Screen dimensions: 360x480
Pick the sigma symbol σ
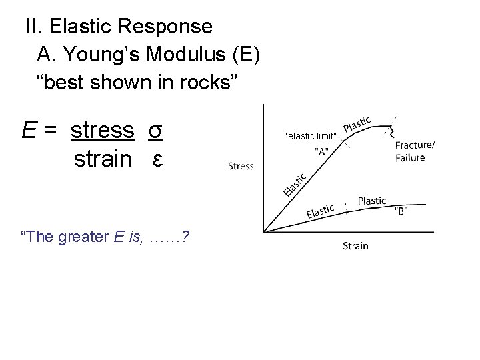[155, 131]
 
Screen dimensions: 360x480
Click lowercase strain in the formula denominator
[103, 159]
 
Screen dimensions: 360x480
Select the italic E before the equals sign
[28, 131]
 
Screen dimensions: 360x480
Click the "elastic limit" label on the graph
[311, 136]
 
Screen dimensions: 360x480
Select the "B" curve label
[401, 211]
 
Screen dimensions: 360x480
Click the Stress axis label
[241, 166]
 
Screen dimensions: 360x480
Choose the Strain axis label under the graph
[355, 246]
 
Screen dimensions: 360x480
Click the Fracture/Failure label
[415, 151]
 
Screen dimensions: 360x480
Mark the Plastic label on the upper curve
[358, 124]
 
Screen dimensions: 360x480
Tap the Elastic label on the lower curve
[321, 212]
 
